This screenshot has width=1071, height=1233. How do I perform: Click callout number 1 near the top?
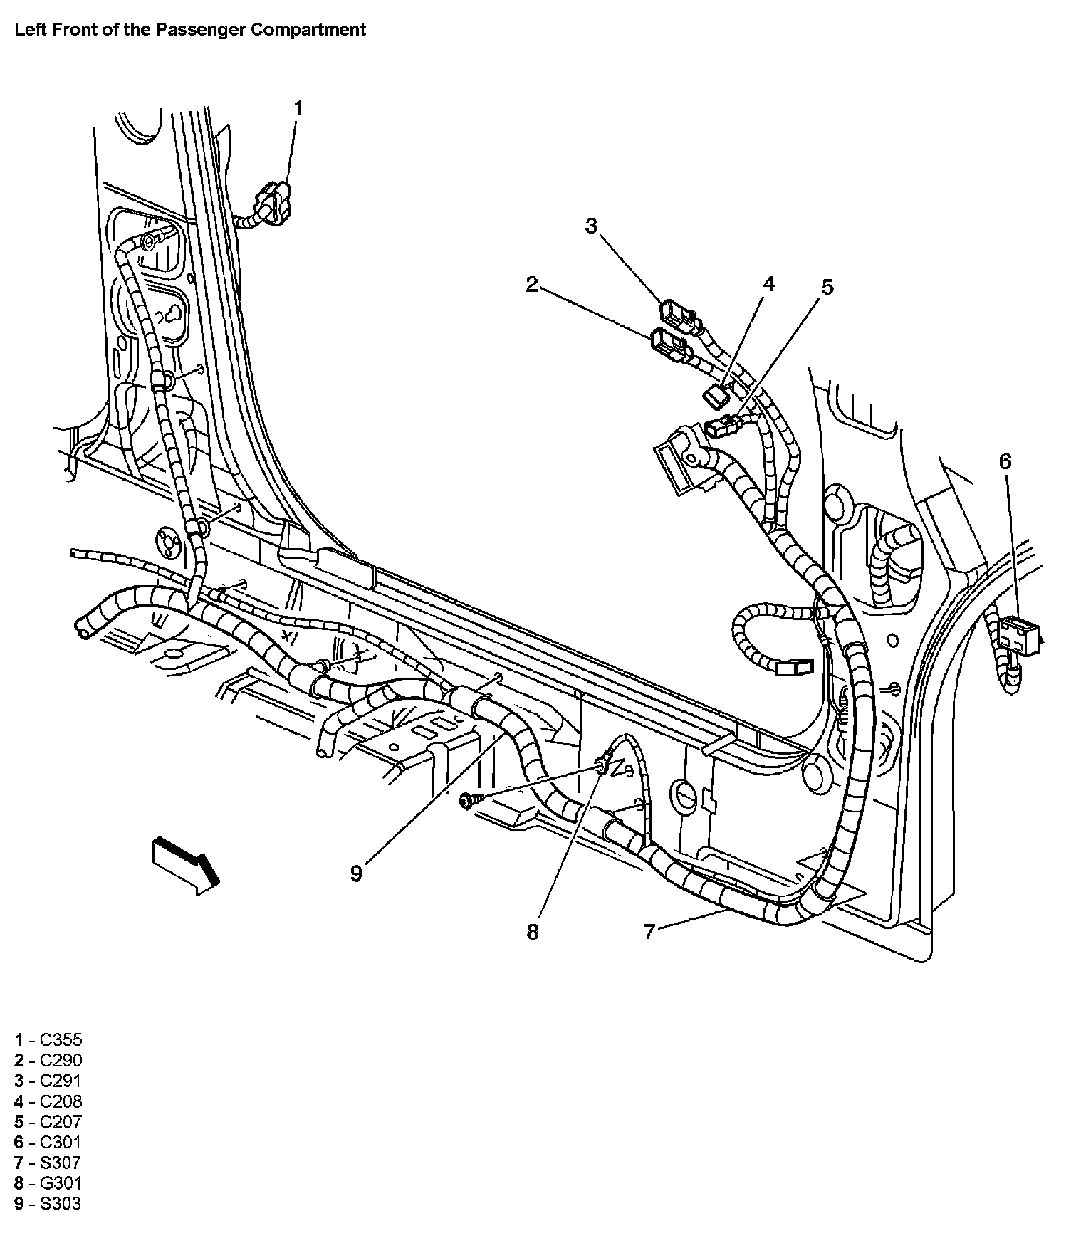298,108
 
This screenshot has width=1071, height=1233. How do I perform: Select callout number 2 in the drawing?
532,285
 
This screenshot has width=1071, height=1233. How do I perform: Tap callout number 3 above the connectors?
591,226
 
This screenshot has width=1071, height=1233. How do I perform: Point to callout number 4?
768,284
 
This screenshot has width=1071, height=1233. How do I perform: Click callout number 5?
827,287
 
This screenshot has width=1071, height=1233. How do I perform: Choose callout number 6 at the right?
1005,461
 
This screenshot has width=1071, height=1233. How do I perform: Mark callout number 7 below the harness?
649,932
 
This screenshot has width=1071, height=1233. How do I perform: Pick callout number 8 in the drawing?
533,932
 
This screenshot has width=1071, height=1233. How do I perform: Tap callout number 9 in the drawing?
356,873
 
